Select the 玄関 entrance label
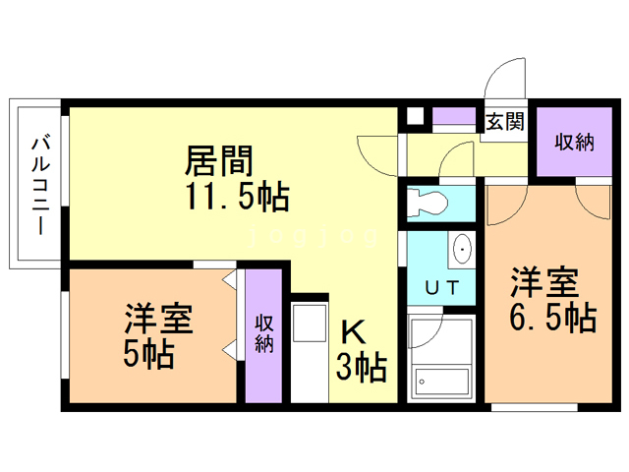click(x=504, y=121)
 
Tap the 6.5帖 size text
click(x=553, y=318)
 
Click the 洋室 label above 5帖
click(x=156, y=320)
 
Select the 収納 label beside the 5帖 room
click(x=264, y=333)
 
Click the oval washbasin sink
click(x=461, y=250)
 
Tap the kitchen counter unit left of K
click(x=310, y=350)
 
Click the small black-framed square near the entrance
click(x=415, y=114)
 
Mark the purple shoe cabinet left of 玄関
click(x=454, y=116)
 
